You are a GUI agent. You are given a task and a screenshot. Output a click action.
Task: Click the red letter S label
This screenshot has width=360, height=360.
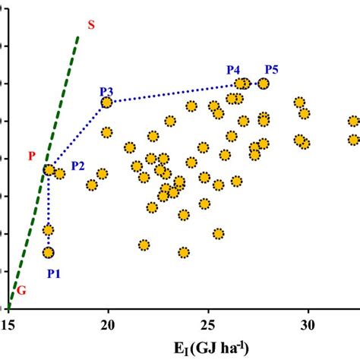coord(91,24)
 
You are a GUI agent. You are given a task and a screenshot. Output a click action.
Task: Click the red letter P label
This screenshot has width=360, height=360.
coord(32,156)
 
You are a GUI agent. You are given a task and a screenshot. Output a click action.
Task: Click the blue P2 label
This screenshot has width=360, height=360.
coord(78,165)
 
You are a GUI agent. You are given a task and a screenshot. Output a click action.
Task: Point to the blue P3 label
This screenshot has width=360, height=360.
coord(106,90)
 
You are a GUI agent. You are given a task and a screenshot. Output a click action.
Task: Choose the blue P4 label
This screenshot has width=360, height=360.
coord(235,70)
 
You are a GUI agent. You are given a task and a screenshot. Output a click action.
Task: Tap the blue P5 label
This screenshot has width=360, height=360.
coord(271,70)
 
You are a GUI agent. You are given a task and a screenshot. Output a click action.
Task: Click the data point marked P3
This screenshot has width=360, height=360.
coord(107,103)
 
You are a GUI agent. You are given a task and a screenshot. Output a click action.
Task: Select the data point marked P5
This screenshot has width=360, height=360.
coord(264,84)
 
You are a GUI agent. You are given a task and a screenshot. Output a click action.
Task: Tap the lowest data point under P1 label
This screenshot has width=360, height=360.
coord(49,252)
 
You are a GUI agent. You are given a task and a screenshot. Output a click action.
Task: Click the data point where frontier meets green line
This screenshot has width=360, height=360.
coord(49,170)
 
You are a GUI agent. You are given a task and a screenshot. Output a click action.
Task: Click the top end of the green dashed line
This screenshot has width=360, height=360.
coord(78,36)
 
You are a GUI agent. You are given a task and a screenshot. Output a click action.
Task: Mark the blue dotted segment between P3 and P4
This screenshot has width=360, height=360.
coord(175,93)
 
